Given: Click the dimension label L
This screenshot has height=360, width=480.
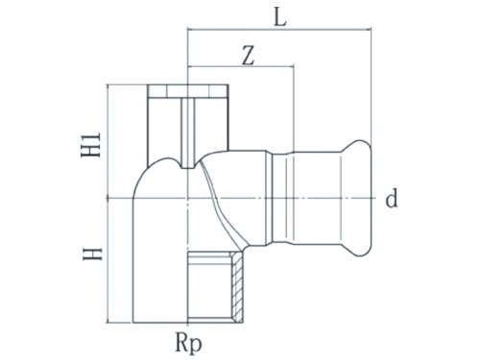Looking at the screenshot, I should click(x=278, y=16).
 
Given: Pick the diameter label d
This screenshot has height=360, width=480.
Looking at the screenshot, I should click(x=391, y=200).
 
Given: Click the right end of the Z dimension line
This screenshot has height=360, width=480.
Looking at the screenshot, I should click(x=293, y=68).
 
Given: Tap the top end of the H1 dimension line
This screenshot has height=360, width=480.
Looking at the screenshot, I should click(x=112, y=86).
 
